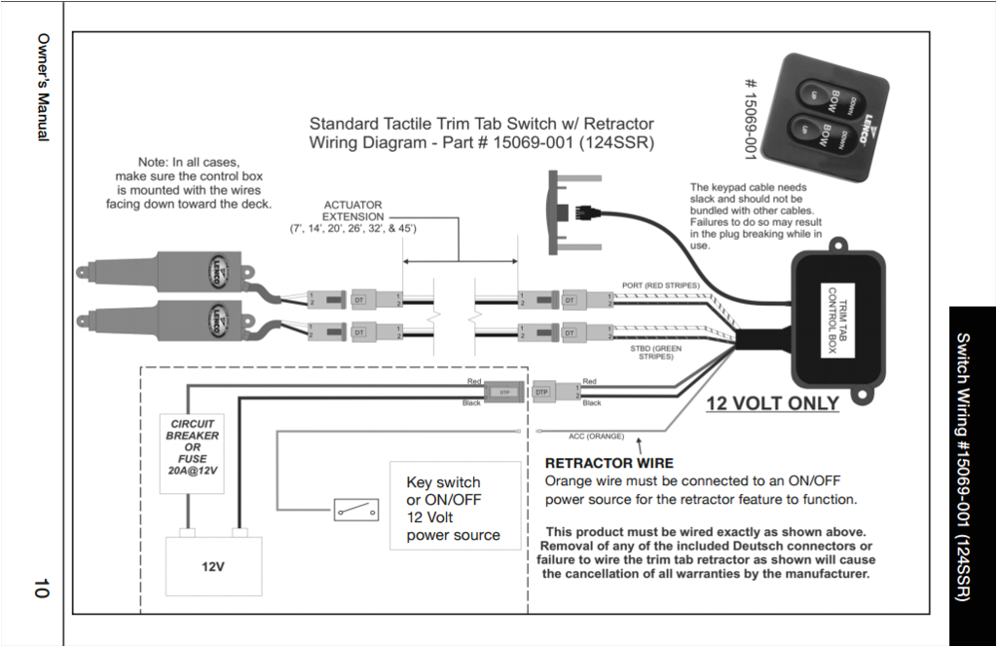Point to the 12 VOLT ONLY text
pos(772,403)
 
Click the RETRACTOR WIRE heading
pos(609,463)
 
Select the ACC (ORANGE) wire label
pos(596,436)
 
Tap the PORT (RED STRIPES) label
pos(662,285)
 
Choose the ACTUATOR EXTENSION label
pos(352,216)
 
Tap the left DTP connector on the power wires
pos(503,391)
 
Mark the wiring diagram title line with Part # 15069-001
pos(481,142)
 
